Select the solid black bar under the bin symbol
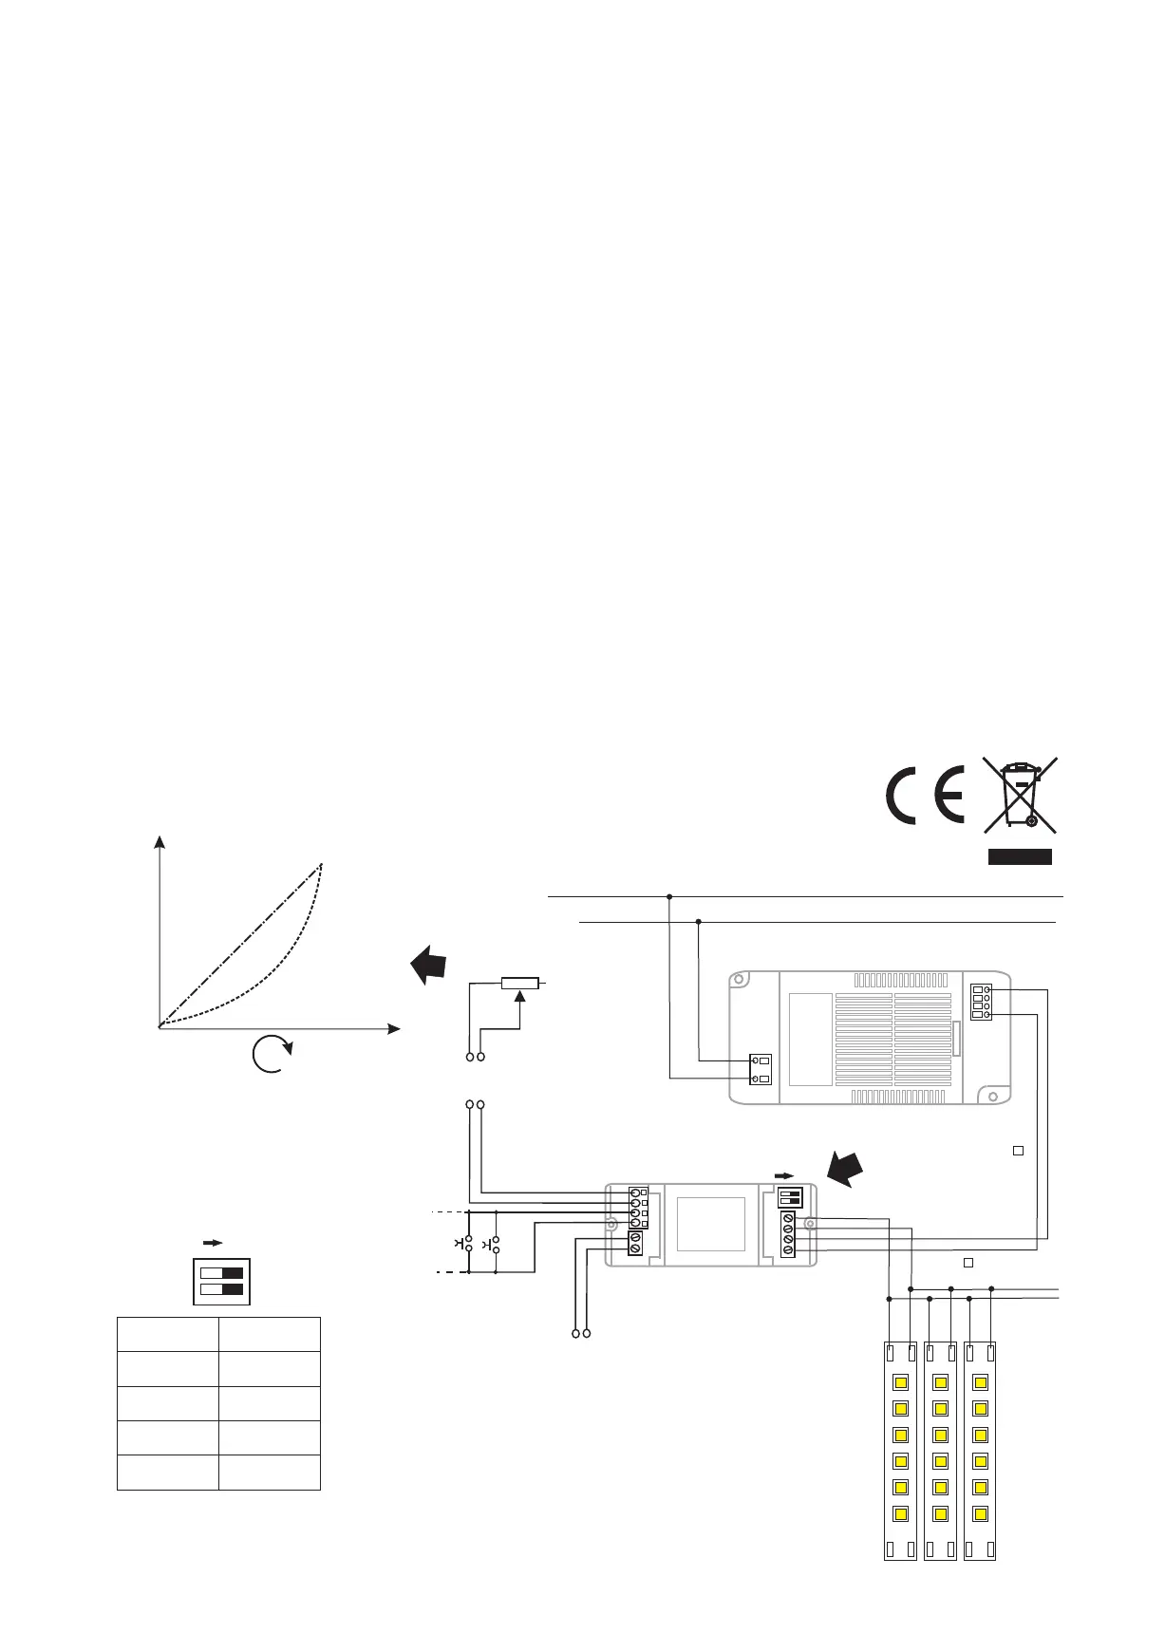point(1020,857)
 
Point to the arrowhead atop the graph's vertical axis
point(160,842)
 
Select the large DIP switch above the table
point(222,1281)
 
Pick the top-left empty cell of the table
point(167,1334)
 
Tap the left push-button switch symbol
point(464,1243)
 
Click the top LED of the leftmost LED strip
point(899,1381)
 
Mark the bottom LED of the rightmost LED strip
point(981,1513)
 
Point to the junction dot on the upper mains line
point(669,895)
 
